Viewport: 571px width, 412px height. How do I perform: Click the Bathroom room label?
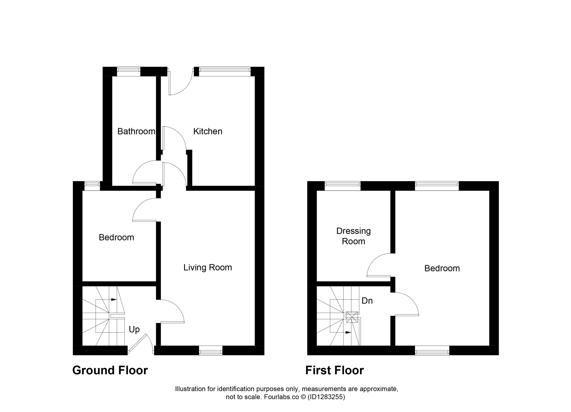[x=136, y=131]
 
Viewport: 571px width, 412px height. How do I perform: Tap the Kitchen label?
[x=208, y=131]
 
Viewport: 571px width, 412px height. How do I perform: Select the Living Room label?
[x=208, y=267]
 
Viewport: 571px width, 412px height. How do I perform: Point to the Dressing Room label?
[x=354, y=236]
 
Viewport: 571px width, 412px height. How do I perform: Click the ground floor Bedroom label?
[x=116, y=238]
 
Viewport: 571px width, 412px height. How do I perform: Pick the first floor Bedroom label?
[x=442, y=268]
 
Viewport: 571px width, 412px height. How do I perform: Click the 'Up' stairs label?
[x=134, y=330]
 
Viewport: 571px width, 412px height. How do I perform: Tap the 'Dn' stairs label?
[x=367, y=301]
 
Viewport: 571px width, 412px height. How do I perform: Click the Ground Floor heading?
[x=110, y=371]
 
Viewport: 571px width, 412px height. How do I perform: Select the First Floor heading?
[x=335, y=371]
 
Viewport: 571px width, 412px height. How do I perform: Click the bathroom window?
[x=129, y=72]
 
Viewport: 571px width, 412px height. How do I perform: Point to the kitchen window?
[x=225, y=72]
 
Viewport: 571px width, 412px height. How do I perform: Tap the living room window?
[x=211, y=350]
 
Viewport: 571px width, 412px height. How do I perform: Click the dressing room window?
[x=343, y=186]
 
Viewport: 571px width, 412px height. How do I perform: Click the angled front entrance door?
[x=141, y=344]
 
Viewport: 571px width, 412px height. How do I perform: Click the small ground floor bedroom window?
[x=92, y=186]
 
